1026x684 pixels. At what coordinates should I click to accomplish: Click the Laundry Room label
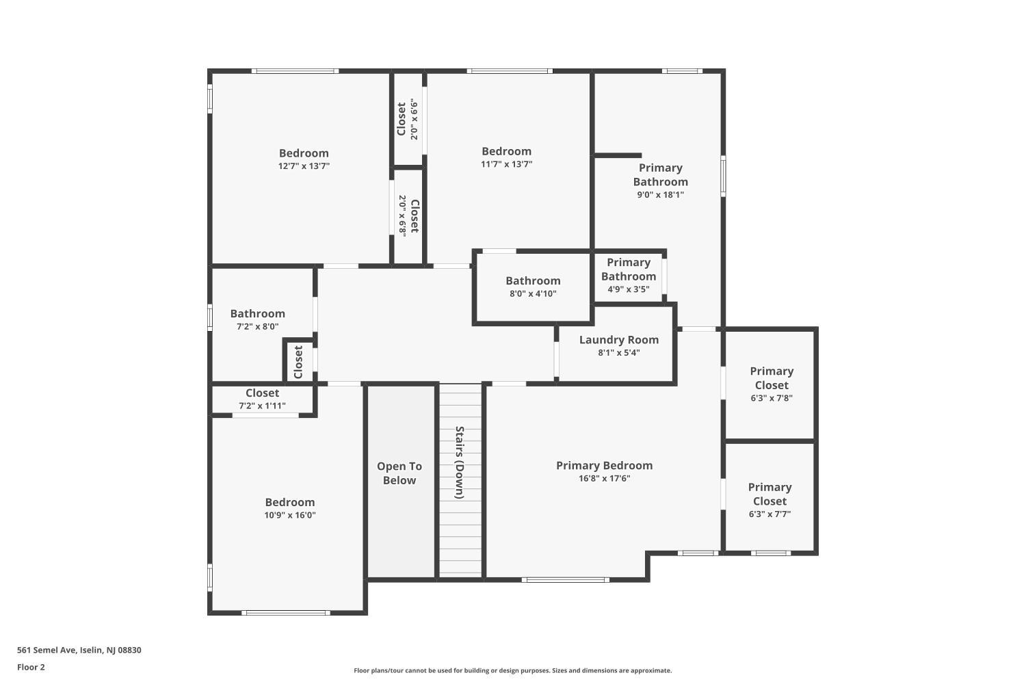point(619,340)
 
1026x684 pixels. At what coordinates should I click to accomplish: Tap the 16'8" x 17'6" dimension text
point(605,478)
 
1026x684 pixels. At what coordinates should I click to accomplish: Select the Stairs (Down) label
point(460,462)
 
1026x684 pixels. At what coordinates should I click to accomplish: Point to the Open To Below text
point(399,473)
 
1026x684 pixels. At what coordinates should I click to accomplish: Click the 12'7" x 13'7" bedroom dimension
point(304,166)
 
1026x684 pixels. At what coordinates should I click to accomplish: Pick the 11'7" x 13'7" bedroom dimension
point(507,164)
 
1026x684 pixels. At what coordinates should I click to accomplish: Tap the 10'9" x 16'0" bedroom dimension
point(290,515)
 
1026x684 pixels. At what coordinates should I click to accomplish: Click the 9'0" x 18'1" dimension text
point(661,195)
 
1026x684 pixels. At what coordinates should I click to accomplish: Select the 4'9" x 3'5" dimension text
point(629,289)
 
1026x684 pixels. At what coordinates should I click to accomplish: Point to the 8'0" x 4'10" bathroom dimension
point(533,293)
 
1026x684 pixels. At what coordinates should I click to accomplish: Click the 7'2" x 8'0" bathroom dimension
point(258,327)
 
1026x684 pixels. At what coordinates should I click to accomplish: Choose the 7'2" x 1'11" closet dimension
point(263,406)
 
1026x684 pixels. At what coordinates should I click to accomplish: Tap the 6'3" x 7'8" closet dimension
point(772,398)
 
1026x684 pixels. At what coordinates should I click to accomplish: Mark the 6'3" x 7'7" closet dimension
point(770,514)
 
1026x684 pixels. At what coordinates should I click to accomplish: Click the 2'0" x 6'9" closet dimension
point(415,119)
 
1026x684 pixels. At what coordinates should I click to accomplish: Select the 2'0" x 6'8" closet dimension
point(402,215)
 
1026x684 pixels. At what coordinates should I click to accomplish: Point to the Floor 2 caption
point(31,667)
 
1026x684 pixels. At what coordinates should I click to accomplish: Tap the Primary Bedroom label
point(605,466)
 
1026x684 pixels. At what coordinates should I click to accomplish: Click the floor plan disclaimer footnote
point(512,671)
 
